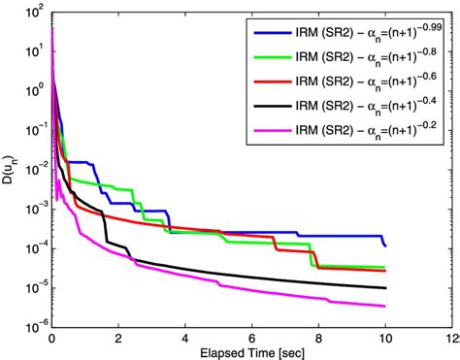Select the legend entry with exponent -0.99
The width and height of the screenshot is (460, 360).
point(346,33)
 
